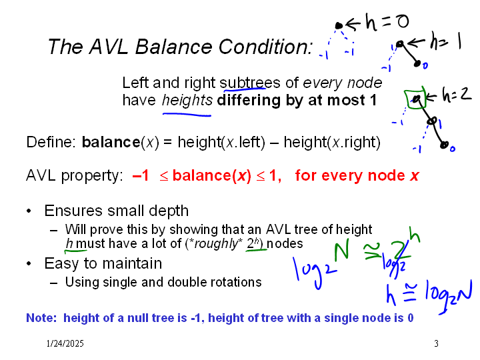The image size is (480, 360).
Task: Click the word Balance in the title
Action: [173, 47]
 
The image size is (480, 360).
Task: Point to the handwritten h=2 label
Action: [457, 94]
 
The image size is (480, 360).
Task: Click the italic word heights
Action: [187, 101]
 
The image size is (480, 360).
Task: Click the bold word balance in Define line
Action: [111, 142]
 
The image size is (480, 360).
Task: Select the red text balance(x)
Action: [211, 176]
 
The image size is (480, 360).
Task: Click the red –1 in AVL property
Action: [141, 176]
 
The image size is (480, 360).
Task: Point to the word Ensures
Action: [73, 211]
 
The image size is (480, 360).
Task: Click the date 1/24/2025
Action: [65, 343]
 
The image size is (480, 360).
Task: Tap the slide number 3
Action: [436, 343]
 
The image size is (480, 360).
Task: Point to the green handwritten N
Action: [341, 251]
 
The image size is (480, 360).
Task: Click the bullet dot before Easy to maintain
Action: [29, 263]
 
